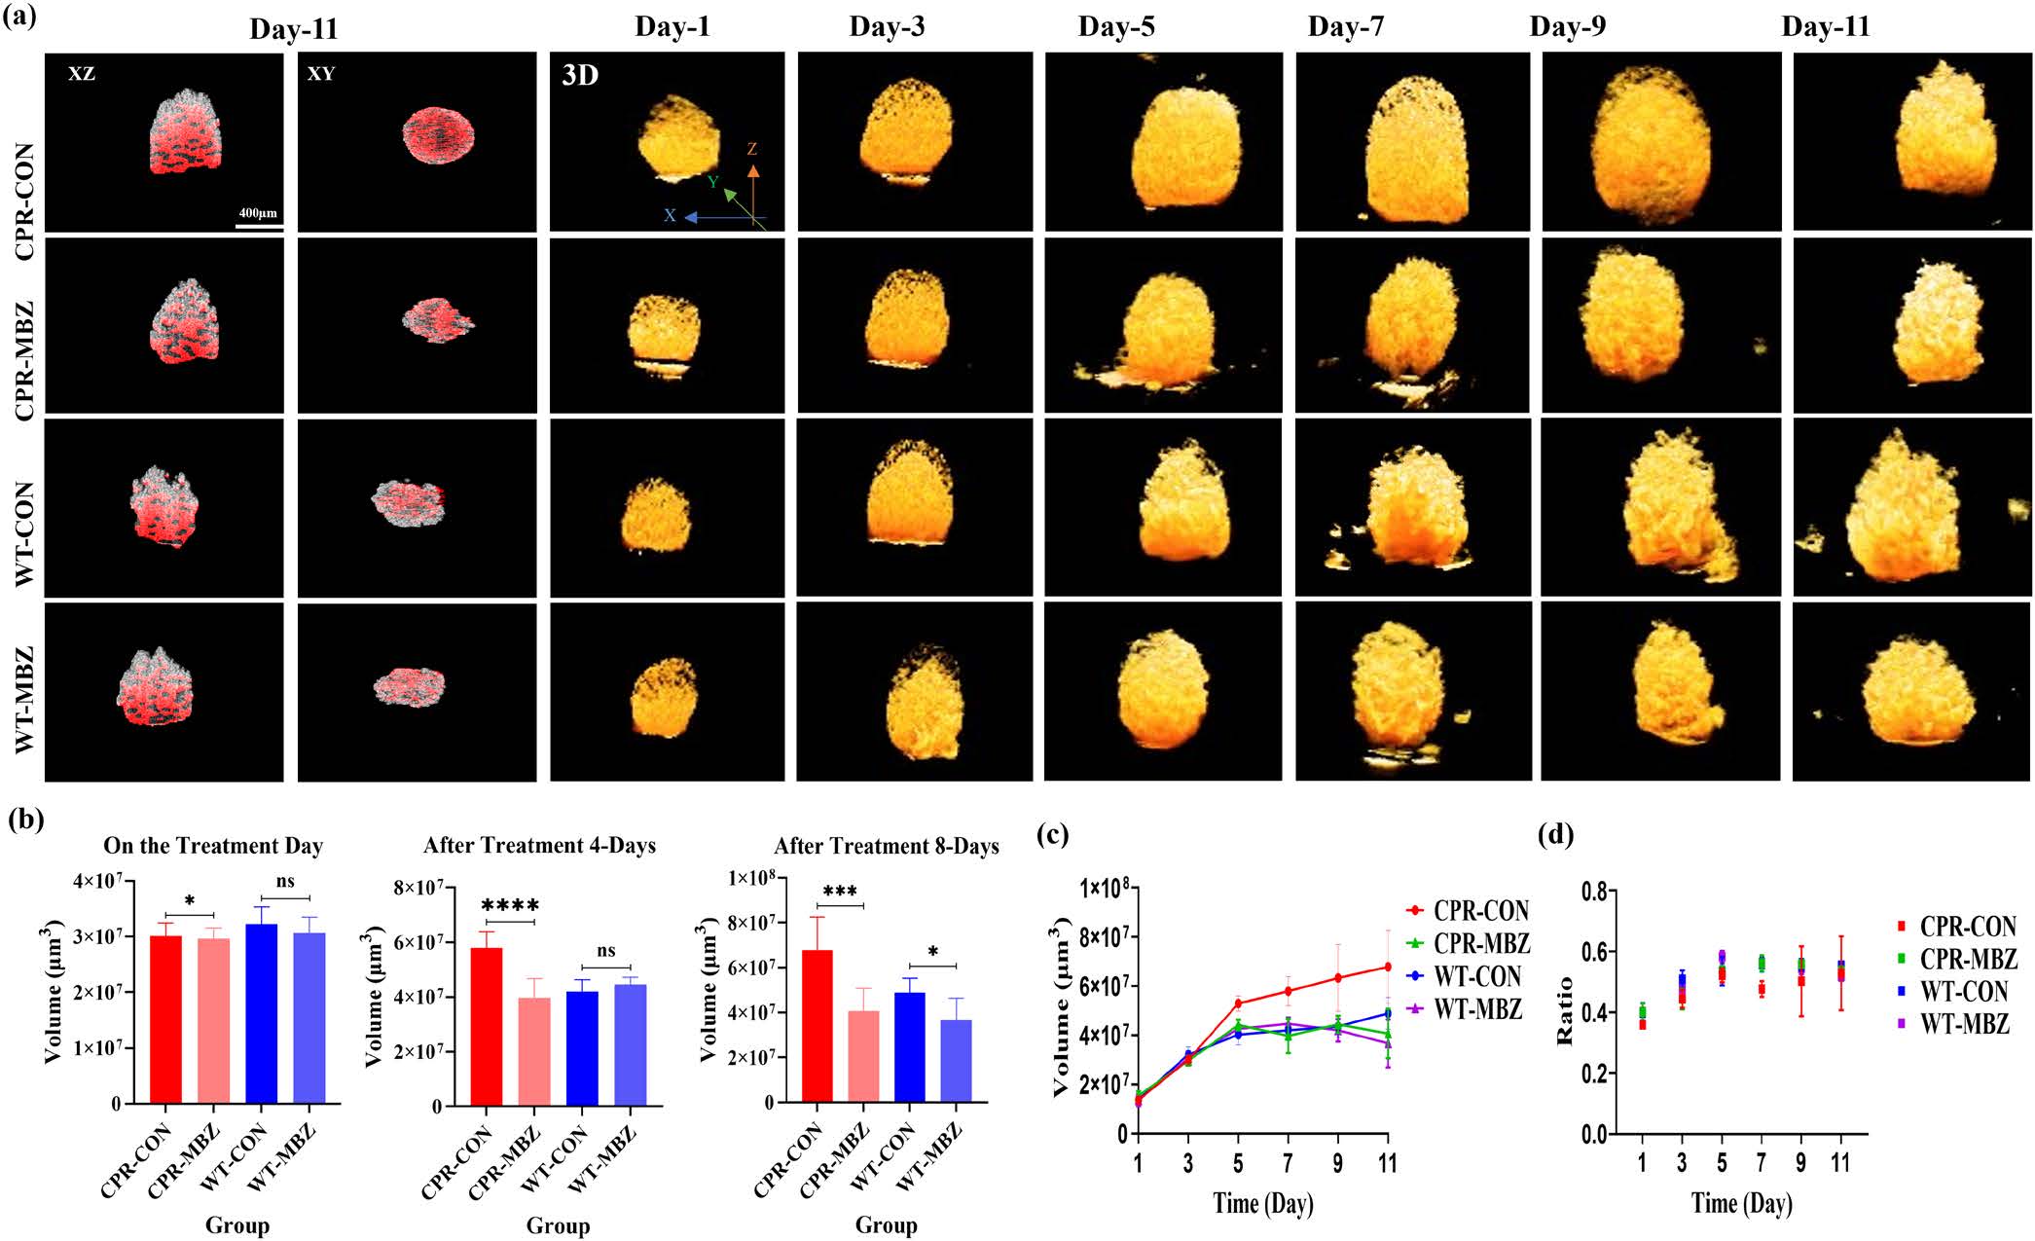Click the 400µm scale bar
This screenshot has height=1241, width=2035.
click(259, 225)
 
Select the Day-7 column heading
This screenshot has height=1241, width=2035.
click(1345, 27)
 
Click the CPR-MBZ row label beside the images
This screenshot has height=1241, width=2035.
click(24, 360)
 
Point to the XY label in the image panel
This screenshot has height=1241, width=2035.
click(320, 74)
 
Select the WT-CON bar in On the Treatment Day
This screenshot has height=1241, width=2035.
click(261, 1013)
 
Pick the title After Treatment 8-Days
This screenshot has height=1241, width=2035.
click(886, 847)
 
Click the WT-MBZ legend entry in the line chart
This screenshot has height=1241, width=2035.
click(1477, 1009)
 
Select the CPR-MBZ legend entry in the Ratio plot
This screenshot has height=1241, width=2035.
click(1967, 960)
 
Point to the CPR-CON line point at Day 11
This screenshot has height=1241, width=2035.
click(1387, 967)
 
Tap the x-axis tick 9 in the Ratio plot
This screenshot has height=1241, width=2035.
click(1800, 1163)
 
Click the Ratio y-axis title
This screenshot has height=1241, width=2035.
click(1565, 1012)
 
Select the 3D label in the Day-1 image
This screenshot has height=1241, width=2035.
click(580, 76)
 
